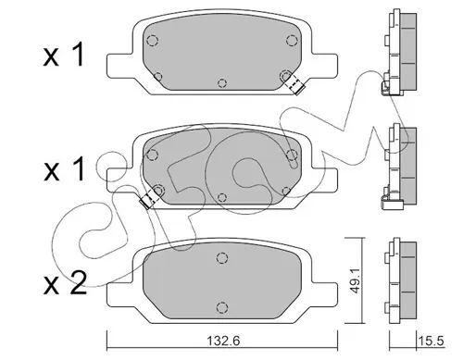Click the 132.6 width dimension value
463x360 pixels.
(x=223, y=341)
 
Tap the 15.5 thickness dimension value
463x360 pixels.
(x=431, y=341)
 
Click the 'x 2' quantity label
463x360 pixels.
(x=65, y=284)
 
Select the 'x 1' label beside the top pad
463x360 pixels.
(x=64, y=55)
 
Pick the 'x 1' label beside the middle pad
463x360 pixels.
(x=64, y=168)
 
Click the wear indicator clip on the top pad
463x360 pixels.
(x=294, y=84)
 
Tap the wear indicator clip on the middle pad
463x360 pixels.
(x=149, y=199)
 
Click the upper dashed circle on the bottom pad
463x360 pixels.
(x=222, y=258)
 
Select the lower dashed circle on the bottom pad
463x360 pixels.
(x=222, y=307)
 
